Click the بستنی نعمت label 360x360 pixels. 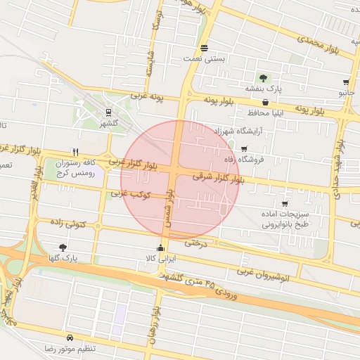pyautogui.click(x=205, y=59)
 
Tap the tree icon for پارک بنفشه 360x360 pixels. pyautogui.click(x=263, y=78)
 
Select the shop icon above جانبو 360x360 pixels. pyautogui.click(x=346, y=82)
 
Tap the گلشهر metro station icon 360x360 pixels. pyautogui.click(x=108, y=112)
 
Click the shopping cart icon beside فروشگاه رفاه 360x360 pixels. pyautogui.click(x=244, y=149)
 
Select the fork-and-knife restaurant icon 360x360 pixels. pyautogui.click(x=75, y=152)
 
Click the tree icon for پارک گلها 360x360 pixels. pyautogui.click(x=64, y=247)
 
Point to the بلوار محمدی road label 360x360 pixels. pyautogui.click(x=319, y=45)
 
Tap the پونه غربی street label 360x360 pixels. pyautogui.click(x=146, y=97)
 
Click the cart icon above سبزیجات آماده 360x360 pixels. pyautogui.click(x=284, y=203)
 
